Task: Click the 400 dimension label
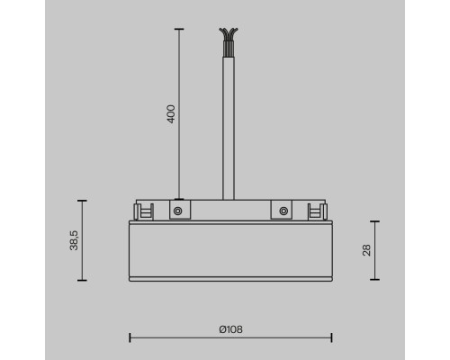click(x=171, y=113)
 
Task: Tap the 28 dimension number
click(x=367, y=250)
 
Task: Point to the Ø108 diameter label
click(x=231, y=329)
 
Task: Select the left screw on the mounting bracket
click(x=178, y=211)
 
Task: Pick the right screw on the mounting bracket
click(x=284, y=211)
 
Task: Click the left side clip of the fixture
click(x=140, y=211)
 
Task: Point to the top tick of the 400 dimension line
click(x=178, y=30)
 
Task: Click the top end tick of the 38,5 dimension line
click(x=82, y=201)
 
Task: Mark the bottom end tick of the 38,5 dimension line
click(x=82, y=281)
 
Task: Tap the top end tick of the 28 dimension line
click(x=374, y=221)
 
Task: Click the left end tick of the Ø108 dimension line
click(x=130, y=338)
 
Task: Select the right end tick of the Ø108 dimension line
click(x=332, y=338)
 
